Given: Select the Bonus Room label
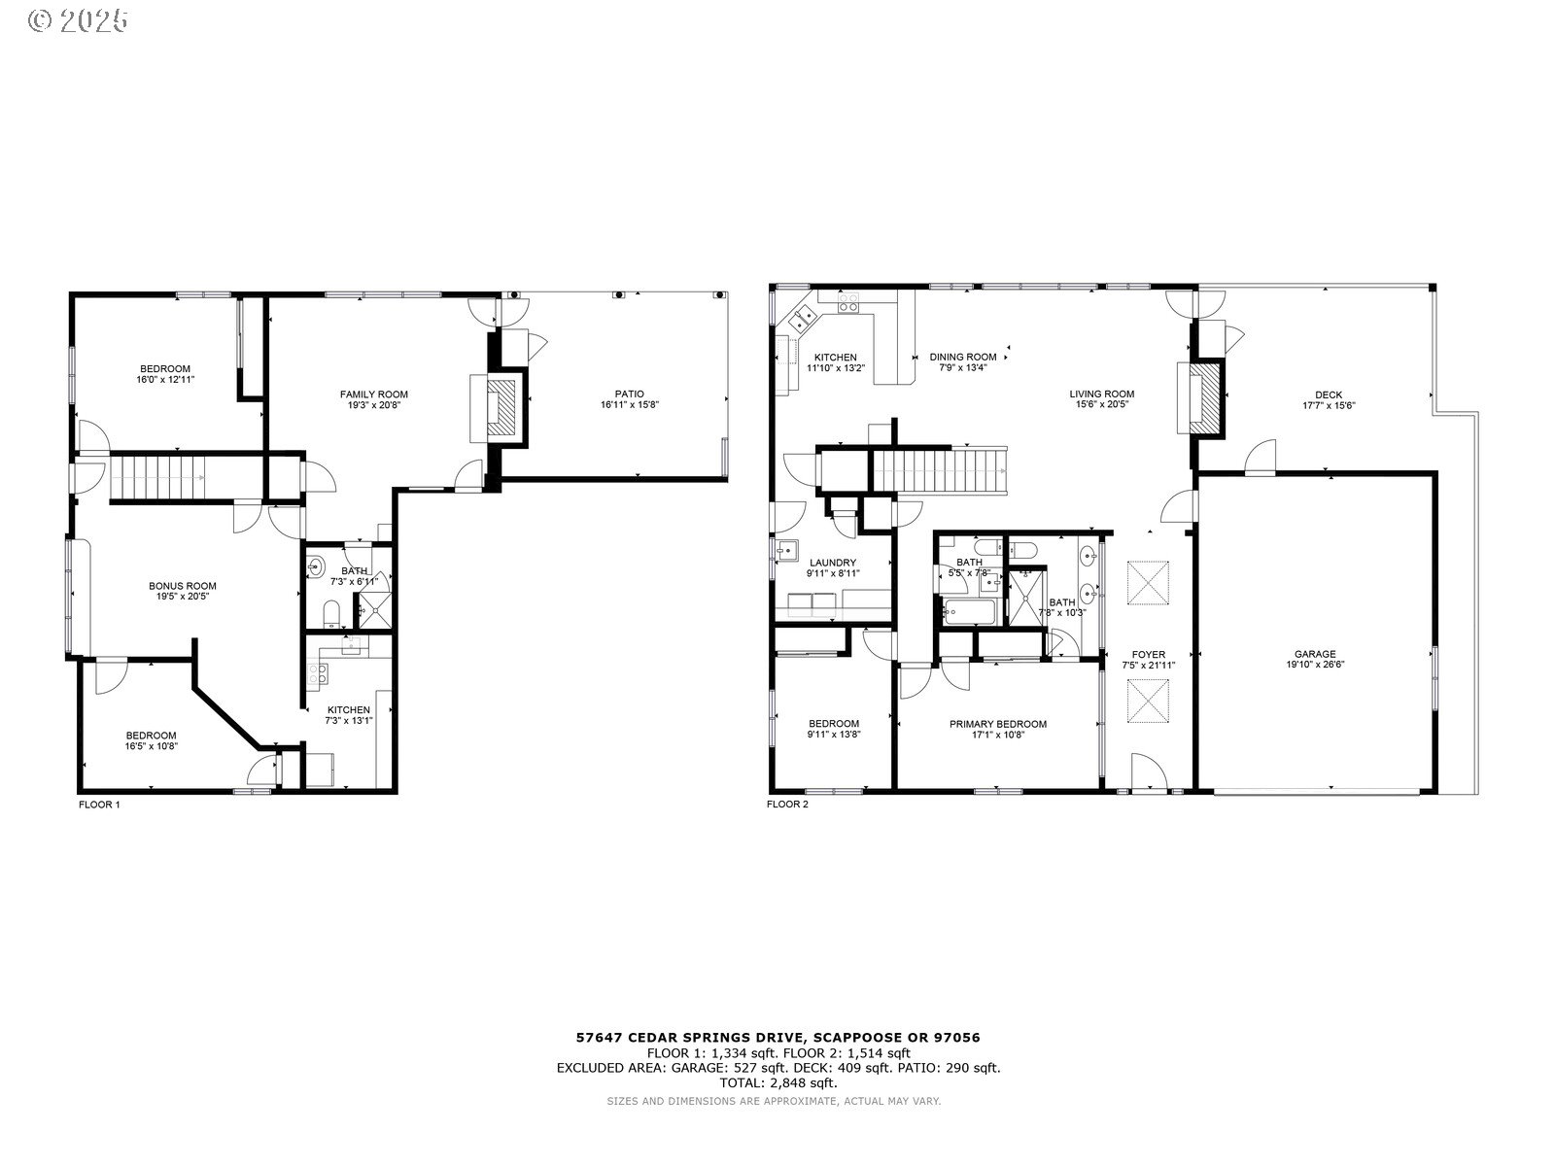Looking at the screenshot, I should coord(182,586).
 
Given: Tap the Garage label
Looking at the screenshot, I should coord(1315,654).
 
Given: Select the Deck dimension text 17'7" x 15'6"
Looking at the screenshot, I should coord(1329,406).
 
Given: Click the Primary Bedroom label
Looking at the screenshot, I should coord(998,724).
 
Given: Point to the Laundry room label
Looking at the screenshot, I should coord(833,563).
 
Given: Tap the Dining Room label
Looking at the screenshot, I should coord(962,357).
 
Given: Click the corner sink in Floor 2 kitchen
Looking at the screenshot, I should coord(805,316).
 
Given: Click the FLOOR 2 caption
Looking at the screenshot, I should coord(787,805).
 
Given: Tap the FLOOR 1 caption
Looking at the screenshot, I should coord(98,805).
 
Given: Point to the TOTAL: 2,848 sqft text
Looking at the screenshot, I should coord(777,1082).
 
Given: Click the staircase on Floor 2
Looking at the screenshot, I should coord(938,469).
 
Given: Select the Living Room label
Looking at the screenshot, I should coord(1102,394).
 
